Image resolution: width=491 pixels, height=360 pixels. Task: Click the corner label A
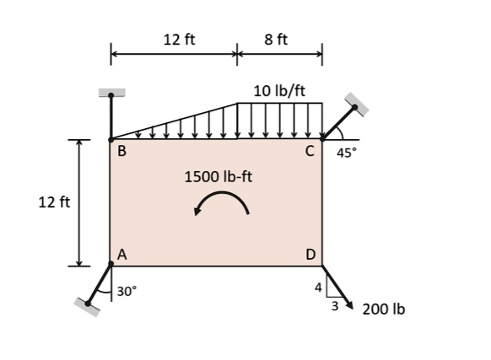point(121,254)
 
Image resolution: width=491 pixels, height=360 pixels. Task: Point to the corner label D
point(310,254)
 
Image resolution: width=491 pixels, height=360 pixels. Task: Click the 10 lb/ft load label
point(279,90)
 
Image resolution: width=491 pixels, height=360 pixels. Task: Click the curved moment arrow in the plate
point(221,202)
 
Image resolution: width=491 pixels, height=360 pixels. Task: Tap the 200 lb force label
point(383,309)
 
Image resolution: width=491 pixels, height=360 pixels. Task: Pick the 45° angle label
point(347,153)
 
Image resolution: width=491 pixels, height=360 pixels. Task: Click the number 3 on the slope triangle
point(334,307)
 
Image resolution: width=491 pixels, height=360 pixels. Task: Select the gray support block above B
point(111,92)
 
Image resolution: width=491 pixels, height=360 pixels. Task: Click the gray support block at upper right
point(356,102)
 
